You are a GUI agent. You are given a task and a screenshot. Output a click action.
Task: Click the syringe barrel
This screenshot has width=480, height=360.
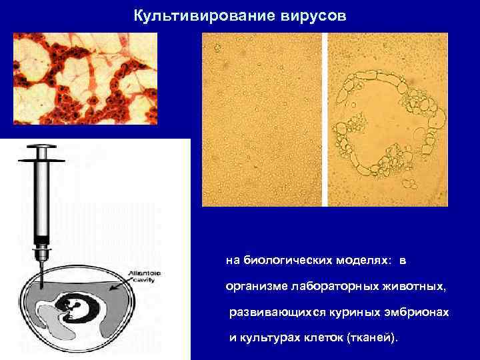(42, 200)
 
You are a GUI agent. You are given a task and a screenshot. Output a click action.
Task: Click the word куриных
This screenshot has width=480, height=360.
(353, 312)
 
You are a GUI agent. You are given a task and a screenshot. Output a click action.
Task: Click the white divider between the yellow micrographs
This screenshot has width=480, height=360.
(325, 120)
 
